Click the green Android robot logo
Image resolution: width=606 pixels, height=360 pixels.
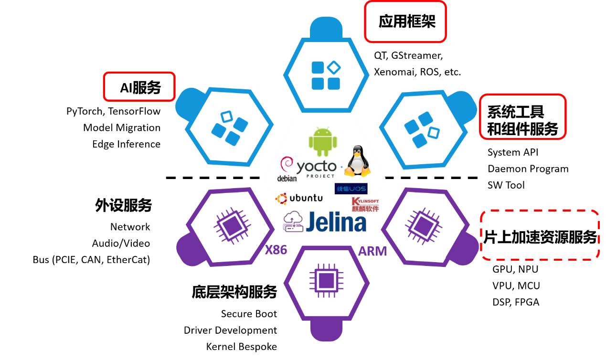coord(323,142)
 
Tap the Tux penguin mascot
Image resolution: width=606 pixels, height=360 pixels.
coord(357,161)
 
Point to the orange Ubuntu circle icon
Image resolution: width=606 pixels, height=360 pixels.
coord(281,198)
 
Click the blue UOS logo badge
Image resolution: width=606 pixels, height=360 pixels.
coord(351,189)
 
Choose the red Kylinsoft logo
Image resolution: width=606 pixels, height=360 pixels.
coord(365,204)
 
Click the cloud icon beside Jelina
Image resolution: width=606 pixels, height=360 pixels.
coord(293,222)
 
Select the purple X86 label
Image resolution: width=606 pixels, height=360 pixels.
coord(276,250)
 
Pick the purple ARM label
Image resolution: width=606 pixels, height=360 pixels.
coord(372,252)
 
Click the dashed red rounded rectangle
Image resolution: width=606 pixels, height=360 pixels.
coord(540,235)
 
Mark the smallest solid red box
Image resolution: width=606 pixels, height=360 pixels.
coord(139,86)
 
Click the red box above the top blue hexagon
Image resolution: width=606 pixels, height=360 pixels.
coord(405,21)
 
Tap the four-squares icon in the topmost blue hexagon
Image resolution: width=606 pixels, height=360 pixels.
coord(326,75)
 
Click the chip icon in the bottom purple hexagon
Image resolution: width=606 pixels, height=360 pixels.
coord(326,281)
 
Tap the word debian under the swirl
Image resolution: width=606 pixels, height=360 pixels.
coord(287,179)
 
